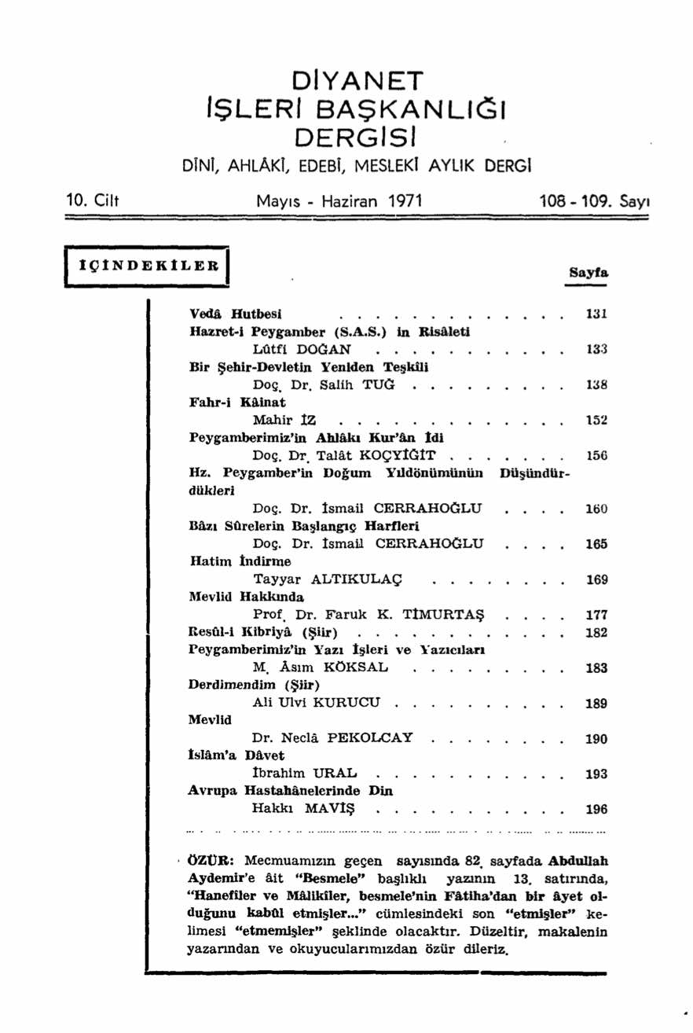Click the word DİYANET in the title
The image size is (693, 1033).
tap(357, 81)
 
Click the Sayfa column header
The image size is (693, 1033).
tap(588, 272)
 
